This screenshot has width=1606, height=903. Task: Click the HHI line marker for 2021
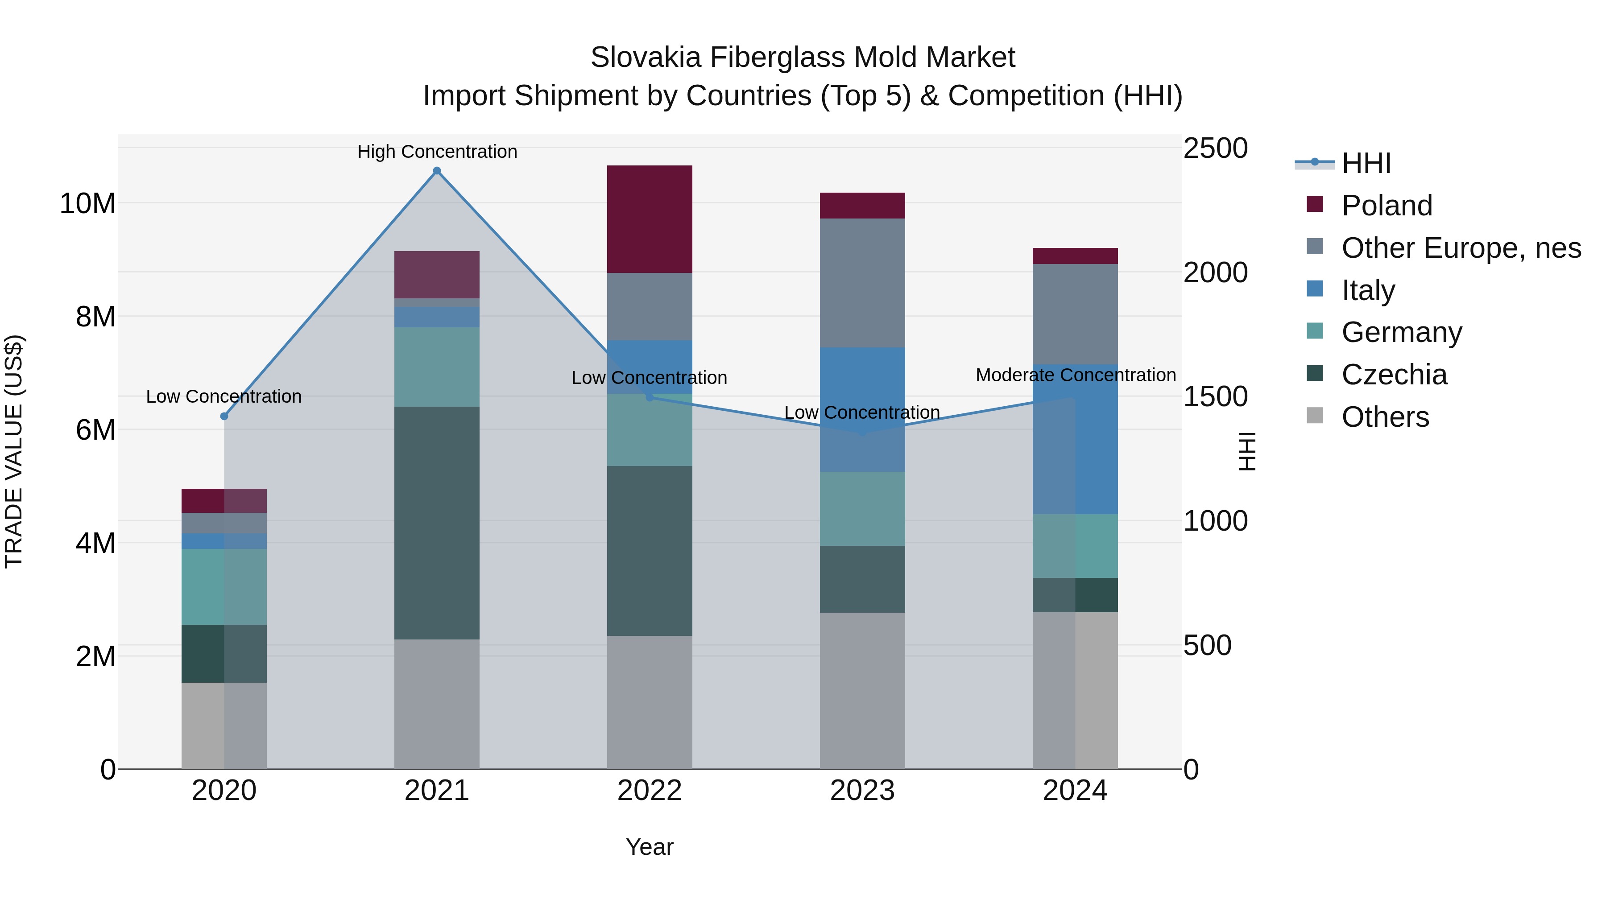pyautogui.click(x=437, y=171)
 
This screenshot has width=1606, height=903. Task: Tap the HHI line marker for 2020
pyautogui.click(x=224, y=416)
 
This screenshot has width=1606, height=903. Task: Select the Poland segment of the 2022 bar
pyautogui.click(x=650, y=219)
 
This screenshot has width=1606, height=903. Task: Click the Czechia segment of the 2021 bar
pyautogui.click(x=437, y=523)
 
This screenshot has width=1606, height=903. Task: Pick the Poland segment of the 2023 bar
pyautogui.click(x=862, y=206)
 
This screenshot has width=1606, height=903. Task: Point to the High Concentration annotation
pyautogui.click(x=437, y=152)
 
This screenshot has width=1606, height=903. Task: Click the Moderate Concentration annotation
pyautogui.click(x=1076, y=375)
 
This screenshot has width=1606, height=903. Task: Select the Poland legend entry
pyautogui.click(x=1387, y=206)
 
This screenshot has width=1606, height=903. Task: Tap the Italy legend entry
pyautogui.click(x=1368, y=290)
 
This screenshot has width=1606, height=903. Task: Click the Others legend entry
pyautogui.click(x=1385, y=417)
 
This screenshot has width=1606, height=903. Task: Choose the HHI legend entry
pyautogui.click(x=1366, y=163)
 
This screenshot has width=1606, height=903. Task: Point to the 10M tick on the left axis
pyautogui.click(x=87, y=204)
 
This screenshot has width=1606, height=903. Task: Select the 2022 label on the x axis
pyautogui.click(x=650, y=791)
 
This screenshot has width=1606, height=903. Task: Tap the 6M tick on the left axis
pyautogui.click(x=95, y=430)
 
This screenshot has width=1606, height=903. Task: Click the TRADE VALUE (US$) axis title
pyautogui.click(x=14, y=451)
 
